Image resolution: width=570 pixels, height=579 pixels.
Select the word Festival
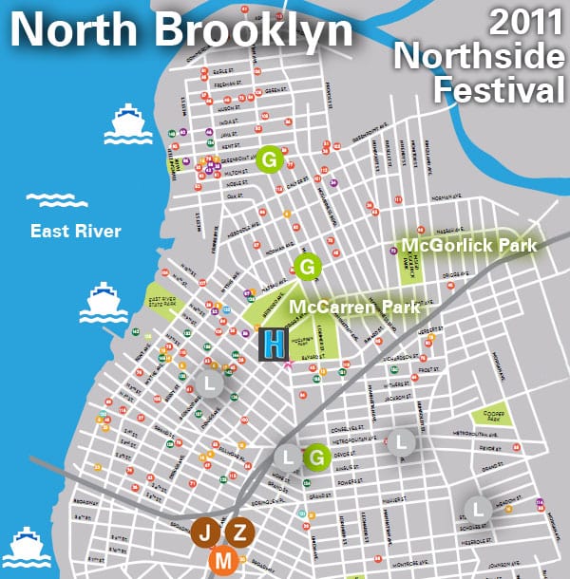click(496, 91)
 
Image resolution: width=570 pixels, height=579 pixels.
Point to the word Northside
click(480, 57)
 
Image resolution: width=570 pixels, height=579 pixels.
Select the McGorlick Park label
click(468, 246)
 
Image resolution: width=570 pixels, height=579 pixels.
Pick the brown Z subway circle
click(239, 532)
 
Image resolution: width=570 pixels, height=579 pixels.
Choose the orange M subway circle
click(224, 562)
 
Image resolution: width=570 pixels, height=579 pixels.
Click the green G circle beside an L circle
click(317, 458)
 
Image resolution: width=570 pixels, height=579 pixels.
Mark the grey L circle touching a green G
click(287, 458)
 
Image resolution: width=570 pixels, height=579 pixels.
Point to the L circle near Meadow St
click(478, 509)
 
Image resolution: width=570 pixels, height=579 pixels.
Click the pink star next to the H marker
click(288, 364)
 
